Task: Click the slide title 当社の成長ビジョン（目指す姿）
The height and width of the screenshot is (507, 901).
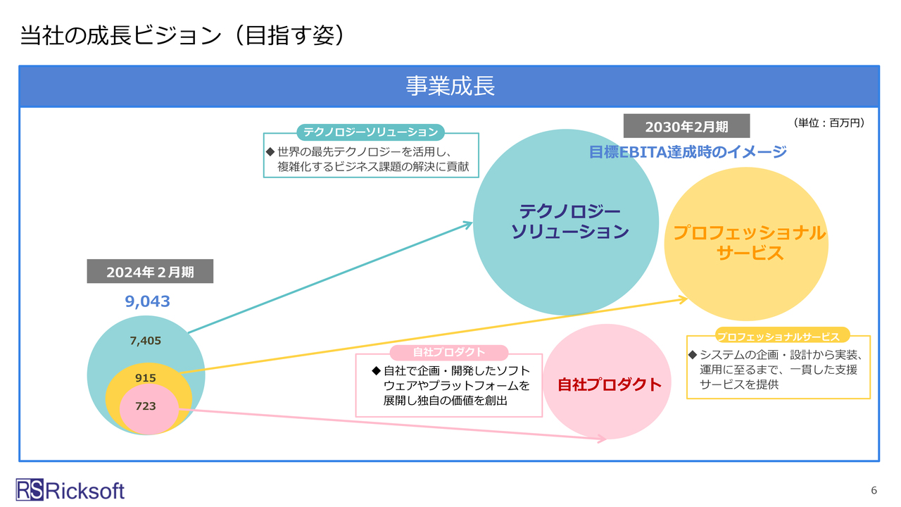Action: pyautogui.click(x=182, y=35)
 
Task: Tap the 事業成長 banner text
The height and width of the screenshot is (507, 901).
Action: pyautogui.click(x=450, y=86)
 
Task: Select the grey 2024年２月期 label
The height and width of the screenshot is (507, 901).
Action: pyautogui.click(x=150, y=272)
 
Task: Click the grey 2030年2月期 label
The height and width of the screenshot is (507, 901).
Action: pyautogui.click(x=686, y=127)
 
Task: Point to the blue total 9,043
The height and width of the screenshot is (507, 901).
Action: pyautogui.click(x=148, y=301)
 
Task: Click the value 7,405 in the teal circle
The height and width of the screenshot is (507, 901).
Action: pyautogui.click(x=146, y=341)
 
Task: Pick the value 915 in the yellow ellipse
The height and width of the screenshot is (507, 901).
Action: pyautogui.click(x=146, y=378)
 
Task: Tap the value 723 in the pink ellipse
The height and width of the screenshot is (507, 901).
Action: pyautogui.click(x=146, y=406)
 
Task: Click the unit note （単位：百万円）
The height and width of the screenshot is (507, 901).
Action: pyautogui.click(x=828, y=123)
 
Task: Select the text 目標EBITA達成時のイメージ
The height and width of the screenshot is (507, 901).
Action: pyautogui.click(x=688, y=151)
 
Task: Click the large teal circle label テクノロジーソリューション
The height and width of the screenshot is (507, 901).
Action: pyautogui.click(x=569, y=221)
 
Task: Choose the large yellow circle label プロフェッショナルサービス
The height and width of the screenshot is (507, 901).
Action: pyautogui.click(x=750, y=243)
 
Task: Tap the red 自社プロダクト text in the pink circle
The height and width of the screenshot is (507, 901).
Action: pyautogui.click(x=610, y=384)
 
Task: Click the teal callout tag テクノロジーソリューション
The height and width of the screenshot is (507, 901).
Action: pyautogui.click(x=370, y=132)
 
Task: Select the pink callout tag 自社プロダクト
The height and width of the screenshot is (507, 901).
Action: pyautogui.click(x=448, y=353)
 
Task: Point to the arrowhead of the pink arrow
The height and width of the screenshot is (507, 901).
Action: pyautogui.click(x=602, y=439)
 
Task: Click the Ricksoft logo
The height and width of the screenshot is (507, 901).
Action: pyautogui.click(x=70, y=490)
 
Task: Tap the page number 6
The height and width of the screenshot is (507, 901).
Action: pyautogui.click(x=874, y=490)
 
